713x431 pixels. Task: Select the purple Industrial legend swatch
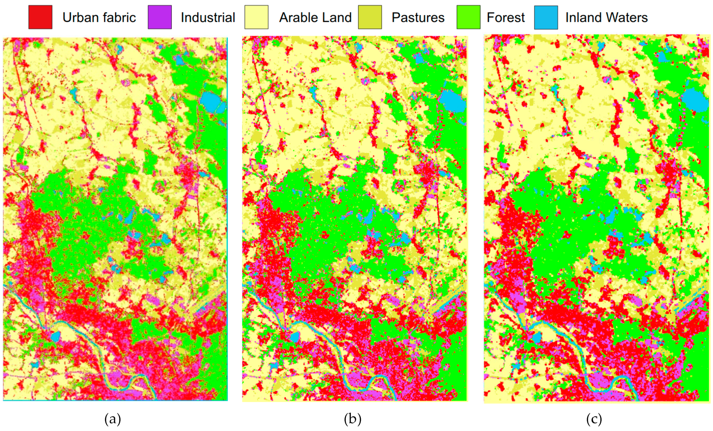point(159,17)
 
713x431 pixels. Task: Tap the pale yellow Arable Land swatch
point(256,17)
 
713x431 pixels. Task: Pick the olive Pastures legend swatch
point(370,17)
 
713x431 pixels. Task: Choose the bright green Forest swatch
point(468,17)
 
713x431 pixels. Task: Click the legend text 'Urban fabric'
point(99,17)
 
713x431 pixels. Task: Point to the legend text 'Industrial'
point(208,17)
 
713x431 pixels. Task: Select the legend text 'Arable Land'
point(315,17)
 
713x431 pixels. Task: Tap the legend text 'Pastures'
point(418,17)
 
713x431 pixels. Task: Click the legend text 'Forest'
point(505,17)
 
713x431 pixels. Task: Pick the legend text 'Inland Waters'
point(606,17)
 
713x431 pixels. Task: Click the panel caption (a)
point(112,419)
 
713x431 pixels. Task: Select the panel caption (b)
point(352,419)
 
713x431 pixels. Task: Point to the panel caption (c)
point(594,419)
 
